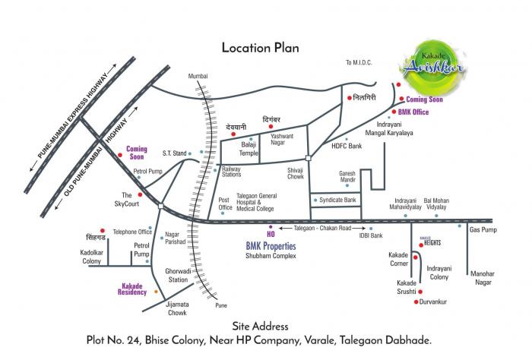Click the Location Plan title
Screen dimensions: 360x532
(260, 47)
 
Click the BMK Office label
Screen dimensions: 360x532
(414, 112)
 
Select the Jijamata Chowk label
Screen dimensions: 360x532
(177, 308)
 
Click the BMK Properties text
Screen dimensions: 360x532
(271, 247)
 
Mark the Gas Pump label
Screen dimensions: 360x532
(483, 229)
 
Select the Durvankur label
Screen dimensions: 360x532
(436, 302)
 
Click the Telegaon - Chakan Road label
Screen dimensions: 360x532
(322, 227)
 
